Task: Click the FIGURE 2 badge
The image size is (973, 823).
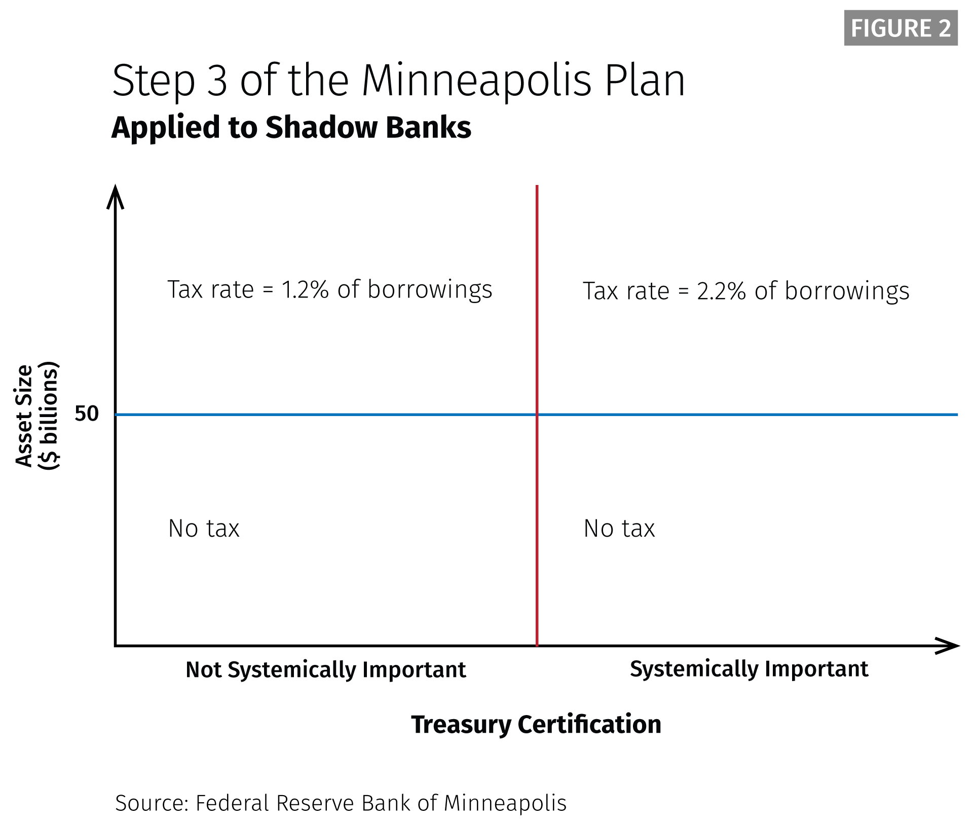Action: [x=901, y=28]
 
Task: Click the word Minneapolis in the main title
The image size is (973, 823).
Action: [x=476, y=81]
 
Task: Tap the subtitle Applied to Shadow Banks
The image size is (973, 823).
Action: [x=291, y=127]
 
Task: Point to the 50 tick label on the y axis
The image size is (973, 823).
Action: [x=87, y=414]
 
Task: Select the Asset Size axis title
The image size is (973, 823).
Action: [x=38, y=416]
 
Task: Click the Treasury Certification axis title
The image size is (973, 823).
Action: [x=536, y=724]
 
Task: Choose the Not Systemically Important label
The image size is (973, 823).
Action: [x=326, y=670]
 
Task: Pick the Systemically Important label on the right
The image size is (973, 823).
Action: [x=749, y=669]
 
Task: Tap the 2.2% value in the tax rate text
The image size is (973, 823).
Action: [x=721, y=291]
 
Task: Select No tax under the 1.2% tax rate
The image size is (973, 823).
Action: [x=204, y=529]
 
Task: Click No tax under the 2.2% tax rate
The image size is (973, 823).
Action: [x=619, y=529]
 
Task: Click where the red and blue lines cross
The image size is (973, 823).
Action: [x=537, y=415]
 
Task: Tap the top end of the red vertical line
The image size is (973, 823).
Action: [x=537, y=186]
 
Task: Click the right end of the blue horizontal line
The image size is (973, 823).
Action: [x=957, y=415]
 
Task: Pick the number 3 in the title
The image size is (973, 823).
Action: [x=217, y=81]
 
